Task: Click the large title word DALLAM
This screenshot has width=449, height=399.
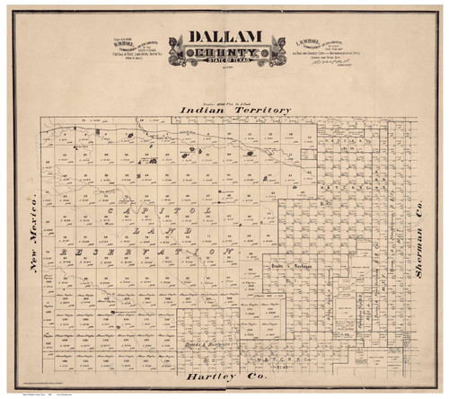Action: coord(224,38)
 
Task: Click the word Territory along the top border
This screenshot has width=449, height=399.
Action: coord(260,111)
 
